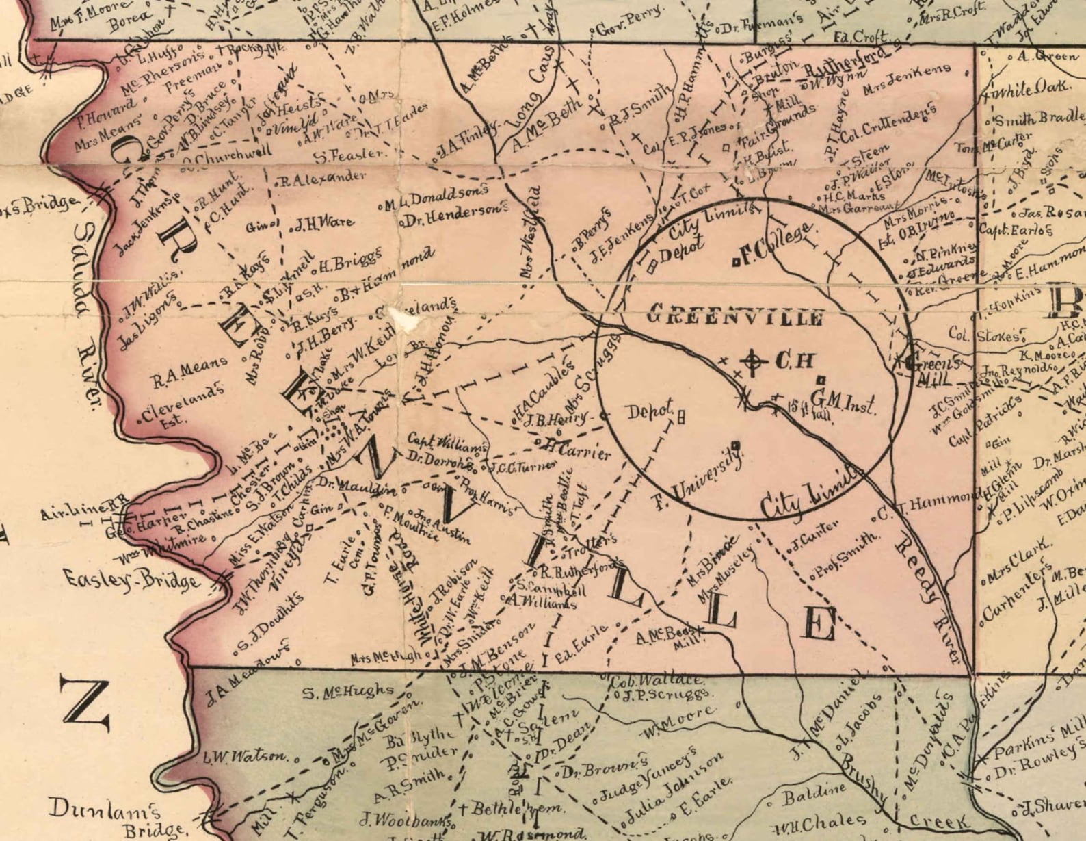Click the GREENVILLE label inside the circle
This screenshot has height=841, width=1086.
point(735,317)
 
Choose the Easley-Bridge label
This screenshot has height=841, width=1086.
point(133,579)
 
